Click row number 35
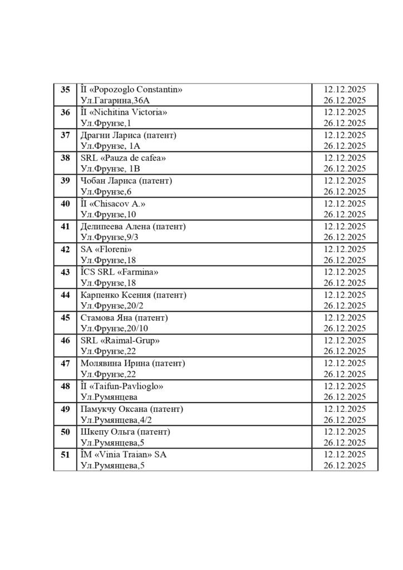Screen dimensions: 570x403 coord(65,90)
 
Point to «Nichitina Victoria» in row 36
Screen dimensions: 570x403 coord(128,112)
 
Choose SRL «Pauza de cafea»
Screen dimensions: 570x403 coord(124,158)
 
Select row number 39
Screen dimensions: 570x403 coord(65,181)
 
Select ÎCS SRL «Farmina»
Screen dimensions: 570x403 coord(120,272)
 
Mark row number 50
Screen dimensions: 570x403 coord(65,432)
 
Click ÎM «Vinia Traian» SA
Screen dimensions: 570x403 coord(124,455)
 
